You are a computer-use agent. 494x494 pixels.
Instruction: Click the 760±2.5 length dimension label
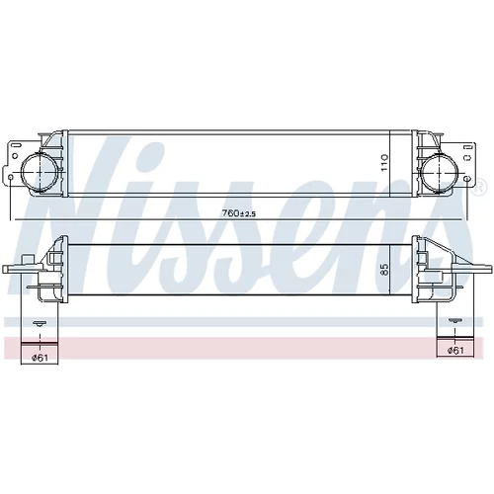239,213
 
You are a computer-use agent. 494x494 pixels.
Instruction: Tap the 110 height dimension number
384,163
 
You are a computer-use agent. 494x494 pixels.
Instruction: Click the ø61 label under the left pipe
41,358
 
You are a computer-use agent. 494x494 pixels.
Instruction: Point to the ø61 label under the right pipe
455,351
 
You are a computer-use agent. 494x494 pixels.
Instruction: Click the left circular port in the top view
39,172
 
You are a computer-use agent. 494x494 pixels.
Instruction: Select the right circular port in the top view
440,172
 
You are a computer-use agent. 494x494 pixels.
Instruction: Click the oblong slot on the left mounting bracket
16,145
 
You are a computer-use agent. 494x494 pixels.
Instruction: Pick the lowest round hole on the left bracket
11,178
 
